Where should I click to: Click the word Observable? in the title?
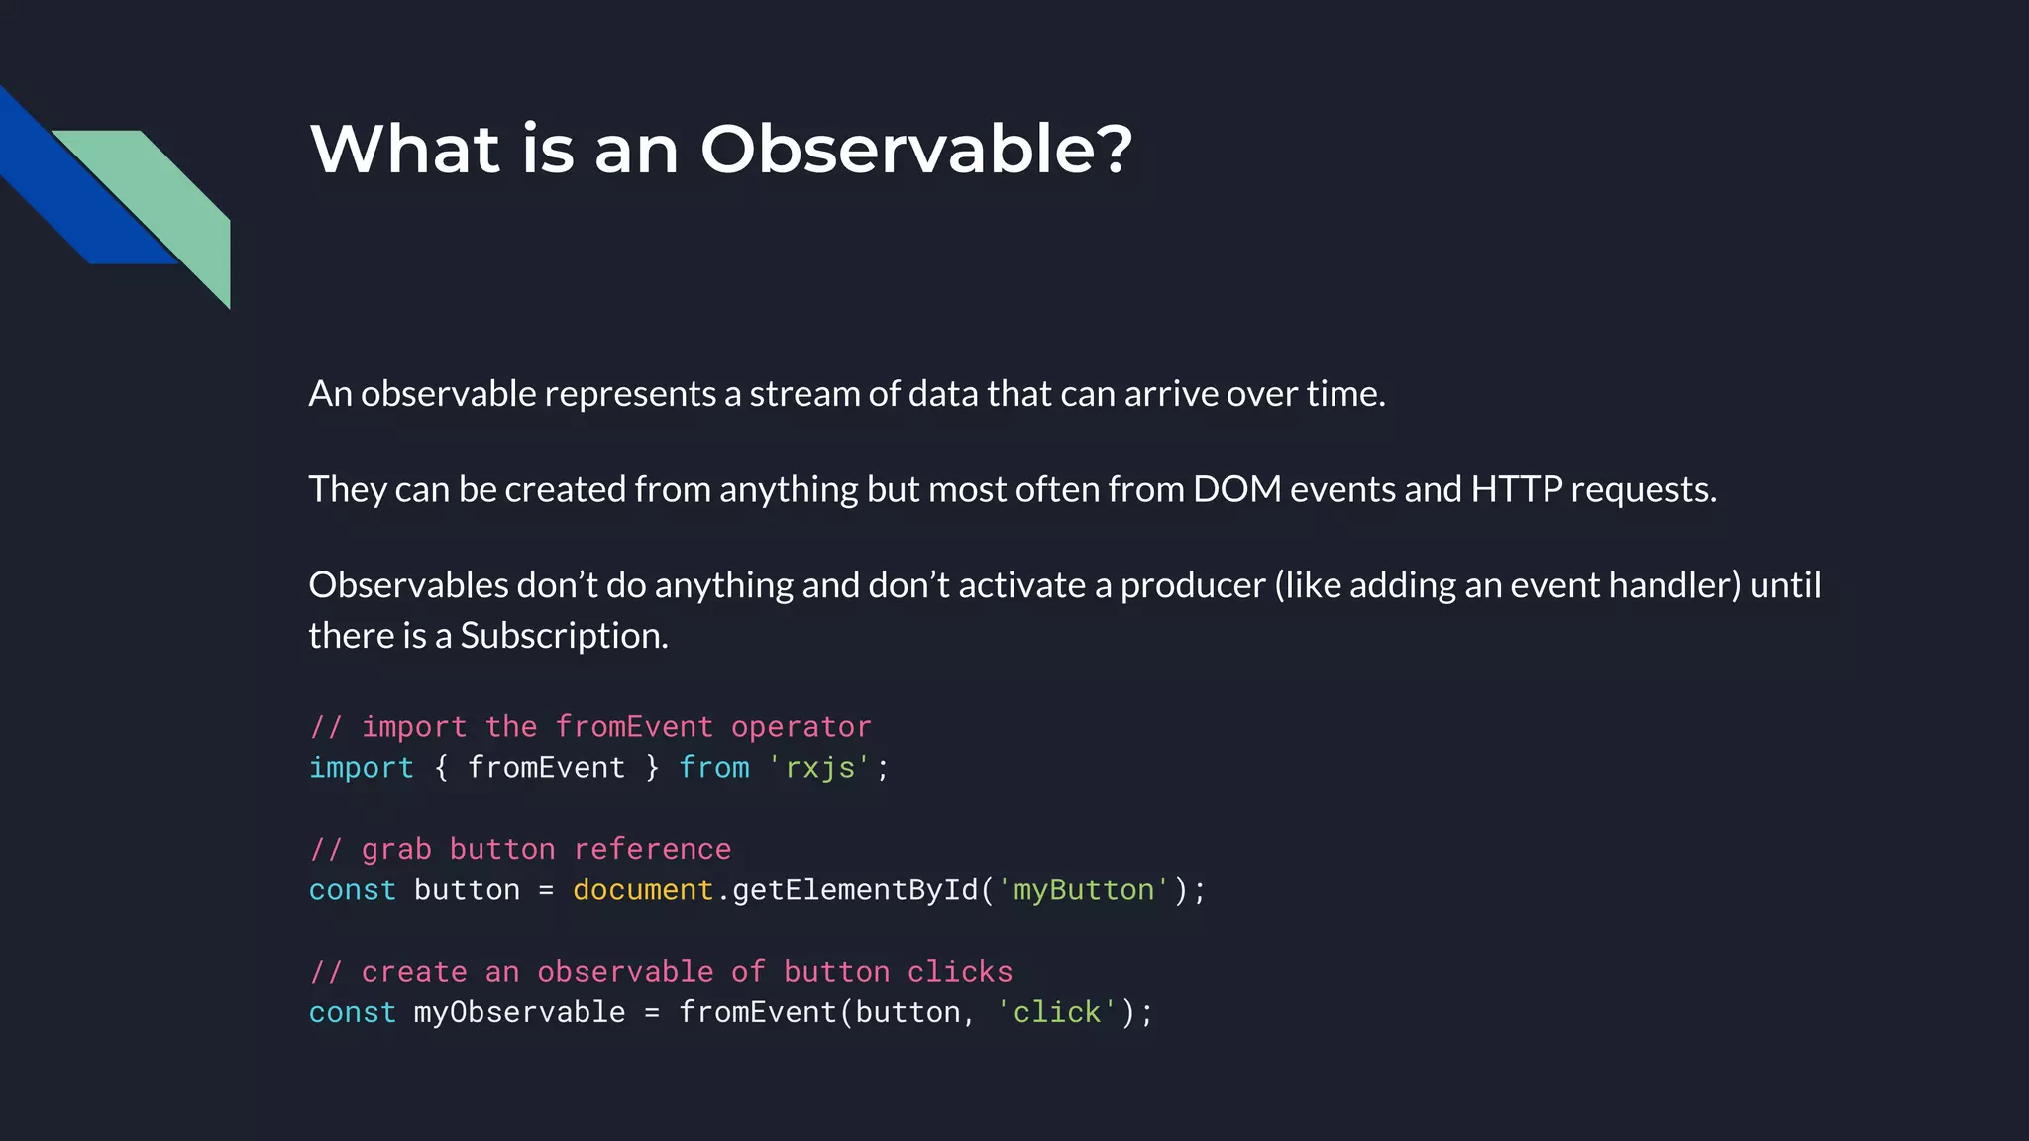pyautogui.click(x=915, y=150)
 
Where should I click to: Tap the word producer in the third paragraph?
pyautogui.click(x=1193, y=585)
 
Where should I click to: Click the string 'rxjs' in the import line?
pyautogui.click(x=819, y=768)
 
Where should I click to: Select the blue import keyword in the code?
pyautogui.click(x=361, y=768)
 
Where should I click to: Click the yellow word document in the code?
pyautogui.click(x=642, y=890)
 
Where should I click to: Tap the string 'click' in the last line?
pyautogui.click(x=1056, y=1012)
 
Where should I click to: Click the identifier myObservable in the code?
pyautogui.click(x=519, y=1012)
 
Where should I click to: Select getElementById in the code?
pyautogui.click(x=855, y=890)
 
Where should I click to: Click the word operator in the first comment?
pyautogui.click(x=801, y=727)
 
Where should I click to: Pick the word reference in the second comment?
pyautogui.click(x=652, y=850)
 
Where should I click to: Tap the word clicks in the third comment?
pyautogui.click(x=959, y=972)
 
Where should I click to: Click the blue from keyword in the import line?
pyautogui.click(x=714, y=768)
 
